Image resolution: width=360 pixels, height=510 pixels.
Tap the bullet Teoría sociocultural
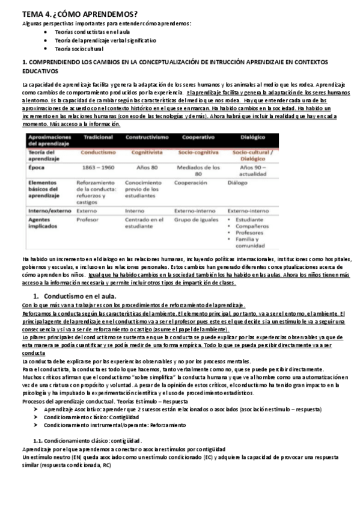(x=79, y=48)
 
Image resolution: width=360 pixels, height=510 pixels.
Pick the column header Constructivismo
(x=145, y=138)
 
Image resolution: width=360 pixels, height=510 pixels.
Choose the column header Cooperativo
(x=196, y=138)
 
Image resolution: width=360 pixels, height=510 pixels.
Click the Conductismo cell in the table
(x=95, y=152)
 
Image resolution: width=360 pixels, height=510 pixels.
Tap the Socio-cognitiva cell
(x=197, y=152)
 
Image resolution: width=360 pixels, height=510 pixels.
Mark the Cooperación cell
(x=191, y=183)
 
